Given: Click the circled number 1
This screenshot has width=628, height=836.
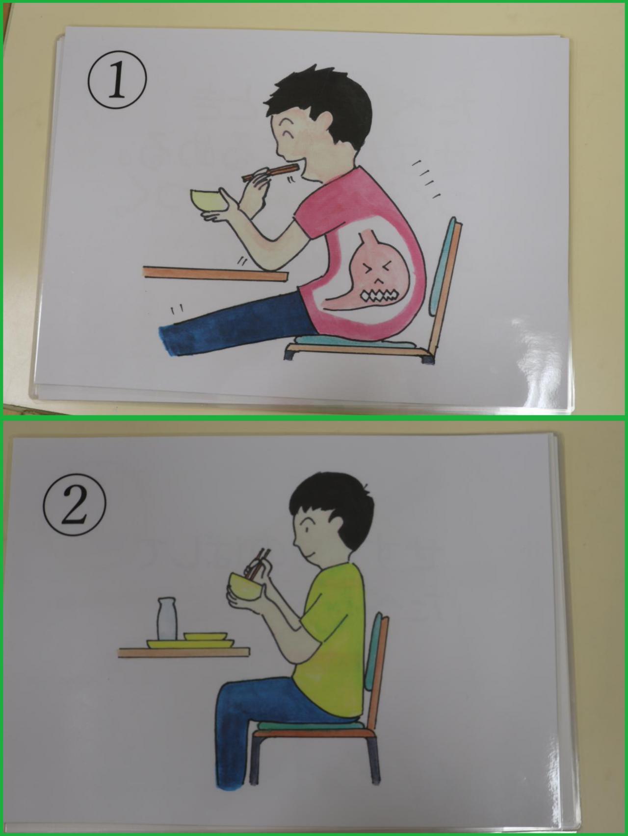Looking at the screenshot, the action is pyautogui.click(x=117, y=83).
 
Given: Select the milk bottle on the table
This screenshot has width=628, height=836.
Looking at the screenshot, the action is pyautogui.click(x=166, y=619).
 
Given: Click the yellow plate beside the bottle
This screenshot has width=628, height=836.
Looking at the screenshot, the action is pyautogui.click(x=206, y=636).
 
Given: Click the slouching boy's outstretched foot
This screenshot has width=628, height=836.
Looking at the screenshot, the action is pyautogui.click(x=172, y=340).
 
